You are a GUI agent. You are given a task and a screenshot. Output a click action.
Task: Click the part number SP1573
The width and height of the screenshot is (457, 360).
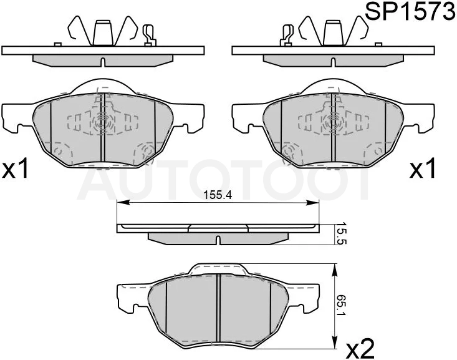(410, 11)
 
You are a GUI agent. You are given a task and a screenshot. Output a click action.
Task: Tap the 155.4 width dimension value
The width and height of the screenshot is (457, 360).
(218, 195)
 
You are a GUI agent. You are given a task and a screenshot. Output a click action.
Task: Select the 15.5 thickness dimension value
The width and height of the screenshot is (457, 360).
(341, 234)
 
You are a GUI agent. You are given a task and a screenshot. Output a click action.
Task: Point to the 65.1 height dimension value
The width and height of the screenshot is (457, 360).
(341, 306)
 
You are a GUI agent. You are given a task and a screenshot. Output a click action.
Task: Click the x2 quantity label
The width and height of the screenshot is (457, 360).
(360, 349)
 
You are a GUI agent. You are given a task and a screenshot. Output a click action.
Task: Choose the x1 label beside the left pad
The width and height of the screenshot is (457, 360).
(15, 168)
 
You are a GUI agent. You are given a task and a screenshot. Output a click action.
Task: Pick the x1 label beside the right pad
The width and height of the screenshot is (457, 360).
(423, 168)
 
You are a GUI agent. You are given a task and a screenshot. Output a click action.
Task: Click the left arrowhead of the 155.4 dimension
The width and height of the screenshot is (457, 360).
(123, 203)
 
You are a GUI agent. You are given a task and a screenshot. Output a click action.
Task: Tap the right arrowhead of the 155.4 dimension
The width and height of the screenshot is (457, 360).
(313, 203)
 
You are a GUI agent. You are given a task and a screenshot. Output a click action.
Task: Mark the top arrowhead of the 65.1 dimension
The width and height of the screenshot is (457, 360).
(335, 270)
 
